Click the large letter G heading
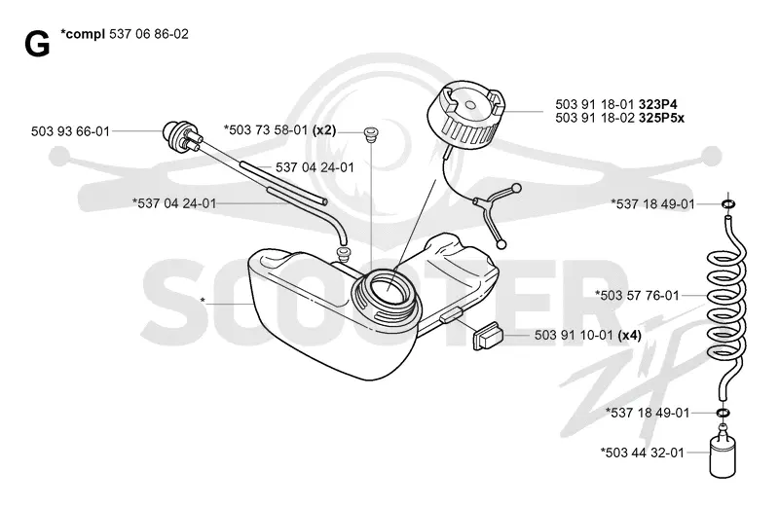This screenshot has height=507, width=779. [x=37, y=44]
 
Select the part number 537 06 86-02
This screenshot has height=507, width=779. [x=149, y=34]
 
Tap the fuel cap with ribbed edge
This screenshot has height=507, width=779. [x=466, y=117]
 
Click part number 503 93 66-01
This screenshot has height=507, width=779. [x=70, y=131]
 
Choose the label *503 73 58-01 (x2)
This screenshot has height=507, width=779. [x=279, y=130]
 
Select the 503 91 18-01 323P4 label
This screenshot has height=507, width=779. [x=616, y=104]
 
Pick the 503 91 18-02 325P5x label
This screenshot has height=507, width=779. [x=619, y=118]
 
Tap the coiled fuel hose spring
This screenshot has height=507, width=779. [x=726, y=304]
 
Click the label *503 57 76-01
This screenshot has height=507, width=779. [x=637, y=296]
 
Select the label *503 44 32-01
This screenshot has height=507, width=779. [x=642, y=453]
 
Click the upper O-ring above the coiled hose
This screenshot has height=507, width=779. [x=728, y=204]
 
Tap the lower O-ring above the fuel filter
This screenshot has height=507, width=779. [x=723, y=413]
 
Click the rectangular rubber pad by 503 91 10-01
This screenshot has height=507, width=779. [x=488, y=336]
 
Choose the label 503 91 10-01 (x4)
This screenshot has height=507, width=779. [x=588, y=336]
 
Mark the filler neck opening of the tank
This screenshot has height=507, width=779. [x=386, y=294]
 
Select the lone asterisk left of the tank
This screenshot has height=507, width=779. [x=203, y=301]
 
